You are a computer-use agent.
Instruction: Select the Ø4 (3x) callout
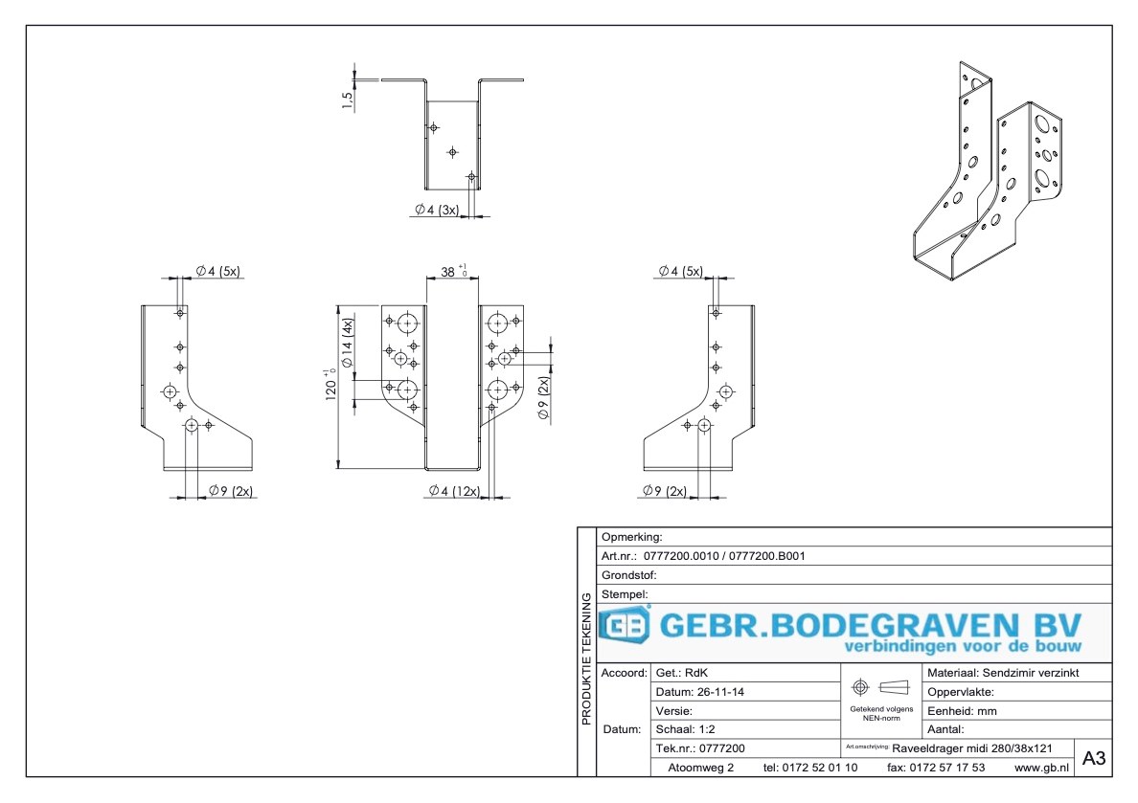click(437, 210)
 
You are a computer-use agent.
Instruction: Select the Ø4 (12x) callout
click(454, 491)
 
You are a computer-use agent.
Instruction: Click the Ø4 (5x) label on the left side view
click(217, 271)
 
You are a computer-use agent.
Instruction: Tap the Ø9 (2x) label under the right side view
click(665, 491)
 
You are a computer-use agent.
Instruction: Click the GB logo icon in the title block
click(625, 627)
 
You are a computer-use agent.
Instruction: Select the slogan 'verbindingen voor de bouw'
click(963, 647)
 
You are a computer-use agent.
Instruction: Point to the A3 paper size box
click(1093, 758)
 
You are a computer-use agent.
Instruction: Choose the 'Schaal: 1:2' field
click(688, 729)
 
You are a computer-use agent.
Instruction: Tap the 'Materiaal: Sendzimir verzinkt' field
click(1004, 673)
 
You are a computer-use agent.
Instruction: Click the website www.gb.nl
click(1041, 768)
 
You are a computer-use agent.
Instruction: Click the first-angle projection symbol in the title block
click(878, 687)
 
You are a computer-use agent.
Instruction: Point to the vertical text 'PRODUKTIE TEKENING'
click(586, 659)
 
